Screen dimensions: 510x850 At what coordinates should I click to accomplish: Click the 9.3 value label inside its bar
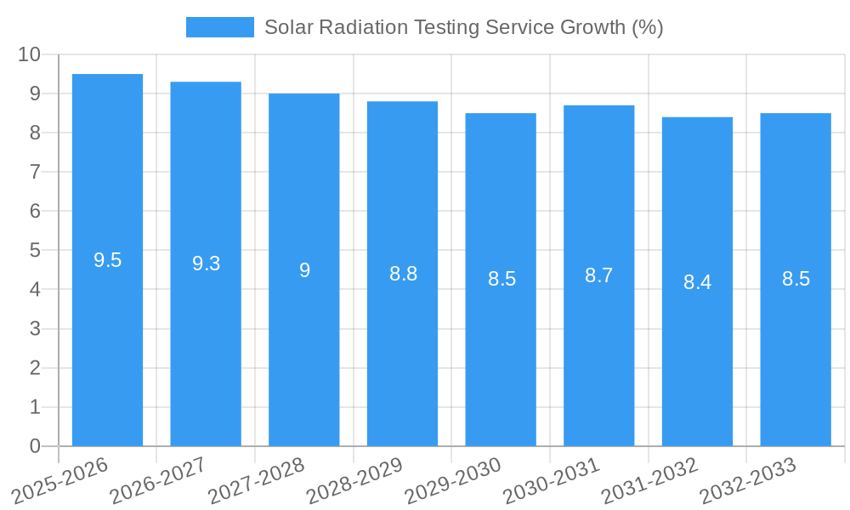pos(206,263)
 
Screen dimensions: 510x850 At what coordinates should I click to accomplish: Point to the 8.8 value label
pos(403,274)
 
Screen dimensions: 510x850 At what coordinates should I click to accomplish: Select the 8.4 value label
pos(697,282)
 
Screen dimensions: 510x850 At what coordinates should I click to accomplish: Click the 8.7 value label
pos(599,275)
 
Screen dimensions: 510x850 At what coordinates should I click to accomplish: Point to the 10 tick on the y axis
pos(29,54)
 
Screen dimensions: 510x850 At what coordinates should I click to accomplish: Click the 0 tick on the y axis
pos(35,446)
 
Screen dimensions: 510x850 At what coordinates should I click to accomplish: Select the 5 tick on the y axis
pos(35,250)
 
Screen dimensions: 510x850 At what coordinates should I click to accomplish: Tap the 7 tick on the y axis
pos(35,172)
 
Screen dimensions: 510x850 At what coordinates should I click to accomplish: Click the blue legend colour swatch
pos(219,27)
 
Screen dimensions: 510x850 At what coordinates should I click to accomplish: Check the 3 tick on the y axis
pos(35,329)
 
